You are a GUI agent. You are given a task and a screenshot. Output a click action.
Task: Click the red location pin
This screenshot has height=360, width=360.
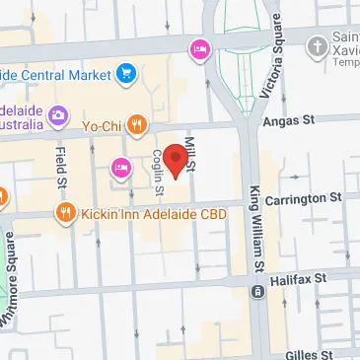coord(176,160)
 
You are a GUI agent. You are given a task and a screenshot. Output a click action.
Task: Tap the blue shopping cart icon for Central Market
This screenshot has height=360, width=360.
coord(125,72)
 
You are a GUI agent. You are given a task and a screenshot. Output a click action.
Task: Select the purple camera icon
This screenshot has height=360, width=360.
coord(57,115)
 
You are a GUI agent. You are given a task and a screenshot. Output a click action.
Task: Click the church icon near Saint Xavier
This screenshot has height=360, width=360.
coord(318,45)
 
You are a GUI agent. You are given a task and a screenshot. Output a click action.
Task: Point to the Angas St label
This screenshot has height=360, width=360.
coord(292,119)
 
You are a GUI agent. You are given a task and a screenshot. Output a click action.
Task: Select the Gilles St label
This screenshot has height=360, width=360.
coord(324,351)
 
